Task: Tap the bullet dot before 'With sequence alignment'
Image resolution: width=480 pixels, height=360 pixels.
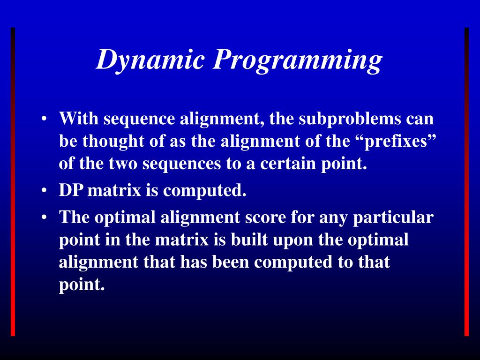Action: [x=44, y=119]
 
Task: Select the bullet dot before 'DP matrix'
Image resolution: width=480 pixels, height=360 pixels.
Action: [x=44, y=191]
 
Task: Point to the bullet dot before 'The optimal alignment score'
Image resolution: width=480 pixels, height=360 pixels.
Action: [x=44, y=217]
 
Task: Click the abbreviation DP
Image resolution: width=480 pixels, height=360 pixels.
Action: [x=72, y=191]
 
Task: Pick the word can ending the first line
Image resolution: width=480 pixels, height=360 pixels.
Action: [x=420, y=119]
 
